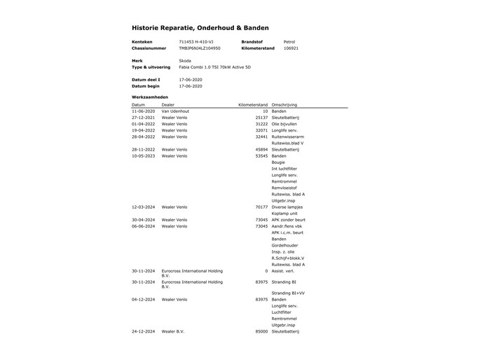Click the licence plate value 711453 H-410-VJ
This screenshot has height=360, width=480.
click(198, 42)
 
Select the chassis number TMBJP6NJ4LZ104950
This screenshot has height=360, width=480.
click(200, 48)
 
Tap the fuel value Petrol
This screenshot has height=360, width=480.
click(289, 42)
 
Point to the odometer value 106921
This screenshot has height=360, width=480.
click(291, 48)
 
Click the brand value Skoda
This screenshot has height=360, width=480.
click(185, 61)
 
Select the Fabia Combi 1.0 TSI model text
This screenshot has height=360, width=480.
click(214, 67)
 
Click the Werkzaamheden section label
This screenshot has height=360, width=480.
click(149, 97)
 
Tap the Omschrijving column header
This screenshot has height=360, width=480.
click(284, 104)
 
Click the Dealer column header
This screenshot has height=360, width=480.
click(168, 104)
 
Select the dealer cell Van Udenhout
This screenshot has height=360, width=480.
click(176, 111)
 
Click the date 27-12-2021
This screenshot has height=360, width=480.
click(144, 118)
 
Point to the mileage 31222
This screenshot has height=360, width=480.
click(261, 124)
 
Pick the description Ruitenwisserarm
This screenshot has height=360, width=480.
click(288, 137)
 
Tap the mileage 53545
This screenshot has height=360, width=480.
click(261, 156)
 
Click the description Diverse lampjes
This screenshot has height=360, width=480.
click(288, 207)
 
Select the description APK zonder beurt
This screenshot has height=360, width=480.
click(289, 220)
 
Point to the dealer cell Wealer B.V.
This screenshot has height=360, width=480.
click(174, 331)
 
